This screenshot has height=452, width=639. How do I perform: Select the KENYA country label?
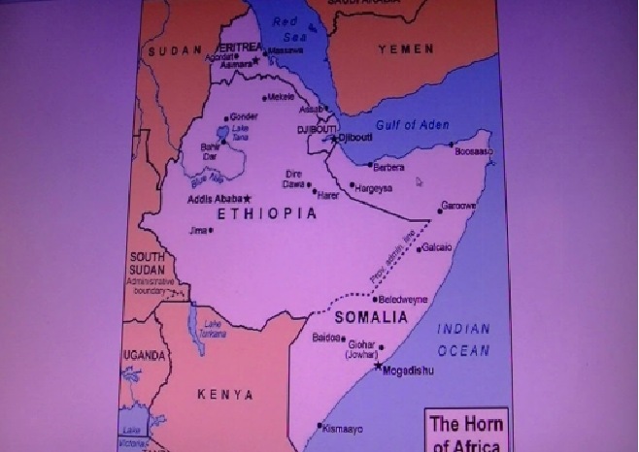tap(224, 395)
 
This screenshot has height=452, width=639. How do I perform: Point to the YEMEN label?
tap(406, 48)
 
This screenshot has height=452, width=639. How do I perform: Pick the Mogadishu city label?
tap(408, 371)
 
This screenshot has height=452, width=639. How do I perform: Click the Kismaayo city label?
tap(344, 428)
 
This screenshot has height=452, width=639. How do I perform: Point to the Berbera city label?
tap(388, 167)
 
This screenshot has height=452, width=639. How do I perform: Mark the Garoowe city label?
tap(458, 207)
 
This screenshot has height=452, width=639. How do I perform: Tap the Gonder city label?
tap(243, 116)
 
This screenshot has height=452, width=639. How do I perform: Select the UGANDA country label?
tap(144, 356)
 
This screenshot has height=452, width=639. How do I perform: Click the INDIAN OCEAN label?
tap(463, 339)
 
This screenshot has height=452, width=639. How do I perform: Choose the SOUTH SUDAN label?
tap(151, 263)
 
